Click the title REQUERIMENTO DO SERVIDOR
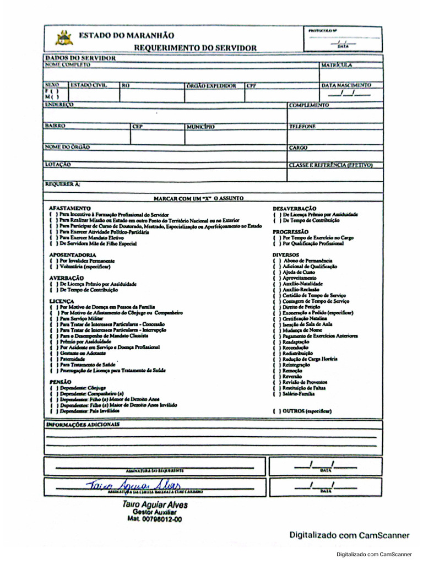click(x=195, y=48)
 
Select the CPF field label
click(x=251, y=86)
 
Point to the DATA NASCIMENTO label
click(x=346, y=86)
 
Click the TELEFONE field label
click(x=302, y=126)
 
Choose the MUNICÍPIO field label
click(x=200, y=126)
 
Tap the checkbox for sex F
click(x=52, y=91)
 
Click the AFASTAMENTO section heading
click(x=69, y=208)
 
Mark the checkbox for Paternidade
click(x=53, y=359)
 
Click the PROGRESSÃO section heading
click(x=290, y=232)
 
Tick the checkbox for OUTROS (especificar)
click(x=276, y=411)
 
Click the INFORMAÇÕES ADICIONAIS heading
click(x=82, y=425)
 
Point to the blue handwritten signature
click(x=129, y=485)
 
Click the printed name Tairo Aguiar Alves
click(x=154, y=505)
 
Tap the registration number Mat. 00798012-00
click(x=154, y=519)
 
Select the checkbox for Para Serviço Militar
click(x=53, y=318)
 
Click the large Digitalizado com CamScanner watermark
click(x=350, y=535)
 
